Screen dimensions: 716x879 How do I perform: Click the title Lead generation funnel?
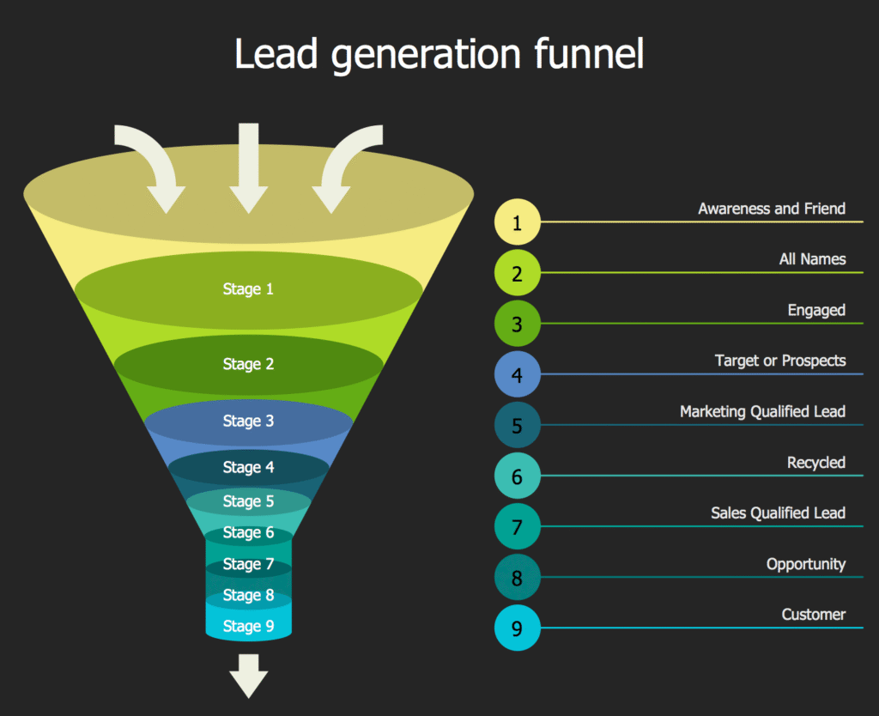[439, 55]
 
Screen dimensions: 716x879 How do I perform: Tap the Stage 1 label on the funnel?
[248, 289]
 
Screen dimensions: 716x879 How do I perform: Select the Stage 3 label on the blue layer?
[248, 421]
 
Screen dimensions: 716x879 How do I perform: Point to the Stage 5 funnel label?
[248, 501]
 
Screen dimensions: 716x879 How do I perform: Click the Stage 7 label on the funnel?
[248, 564]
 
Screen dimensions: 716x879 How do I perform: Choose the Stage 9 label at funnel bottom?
[248, 626]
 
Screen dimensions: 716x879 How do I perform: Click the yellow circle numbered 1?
[517, 222]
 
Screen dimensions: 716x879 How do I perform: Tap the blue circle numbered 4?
[517, 375]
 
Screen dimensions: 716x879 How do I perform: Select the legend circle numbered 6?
[517, 476]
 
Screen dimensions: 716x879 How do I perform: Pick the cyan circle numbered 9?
[517, 628]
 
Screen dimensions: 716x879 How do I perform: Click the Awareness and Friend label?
[771, 209]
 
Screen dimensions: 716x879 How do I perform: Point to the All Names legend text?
[812, 259]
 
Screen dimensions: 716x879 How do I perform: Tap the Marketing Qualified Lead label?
[762, 412]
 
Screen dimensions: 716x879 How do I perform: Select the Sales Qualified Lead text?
[778, 513]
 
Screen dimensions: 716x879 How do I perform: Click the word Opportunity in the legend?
[805, 564]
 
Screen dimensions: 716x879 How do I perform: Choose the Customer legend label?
[813, 615]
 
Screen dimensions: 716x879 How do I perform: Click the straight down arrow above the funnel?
[249, 167]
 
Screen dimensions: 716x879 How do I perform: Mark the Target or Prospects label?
[779, 361]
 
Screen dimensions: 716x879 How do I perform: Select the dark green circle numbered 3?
[517, 325]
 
